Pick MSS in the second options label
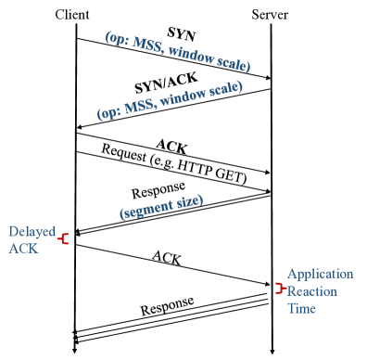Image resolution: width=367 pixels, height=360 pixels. [145, 106]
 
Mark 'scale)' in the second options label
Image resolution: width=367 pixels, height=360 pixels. [224, 88]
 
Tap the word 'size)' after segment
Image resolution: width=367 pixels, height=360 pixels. [187, 201]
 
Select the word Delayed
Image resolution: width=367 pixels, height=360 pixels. [32, 231]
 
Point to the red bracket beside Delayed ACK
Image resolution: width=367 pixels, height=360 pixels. [63, 239]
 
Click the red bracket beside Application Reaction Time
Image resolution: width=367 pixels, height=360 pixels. [278, 289]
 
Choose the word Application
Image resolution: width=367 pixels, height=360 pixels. [320, 274]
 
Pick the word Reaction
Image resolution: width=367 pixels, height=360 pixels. [311, 291]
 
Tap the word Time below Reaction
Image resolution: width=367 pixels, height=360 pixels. [301, 308]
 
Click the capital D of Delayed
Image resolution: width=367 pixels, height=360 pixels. [13, 231]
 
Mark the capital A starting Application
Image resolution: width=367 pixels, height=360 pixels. [292, 274]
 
